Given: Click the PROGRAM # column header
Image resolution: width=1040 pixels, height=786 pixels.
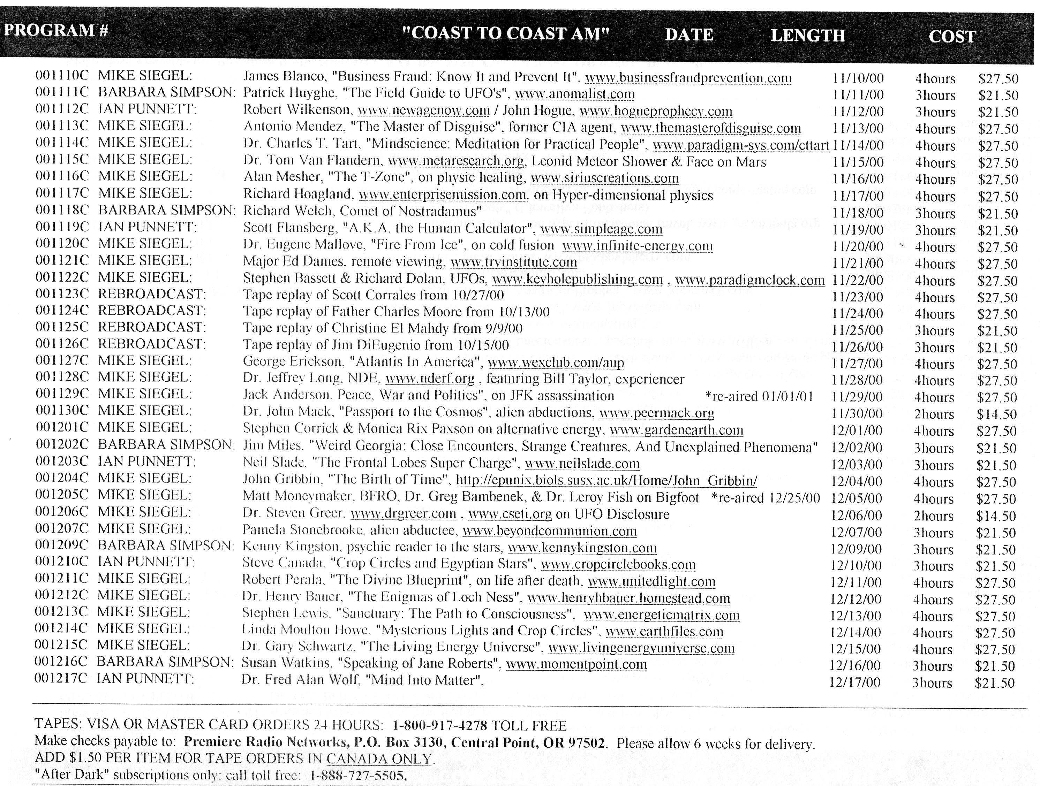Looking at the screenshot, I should (x=56, y=31).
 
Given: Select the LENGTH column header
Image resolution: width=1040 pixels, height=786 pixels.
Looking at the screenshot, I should (x=807, y=36).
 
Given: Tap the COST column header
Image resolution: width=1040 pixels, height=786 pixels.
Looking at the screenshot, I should (x=952, y=37).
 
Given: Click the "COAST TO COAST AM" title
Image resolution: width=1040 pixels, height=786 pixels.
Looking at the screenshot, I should (x=506, y=33).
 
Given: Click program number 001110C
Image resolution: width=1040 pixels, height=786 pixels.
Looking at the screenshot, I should (x=62, y=76).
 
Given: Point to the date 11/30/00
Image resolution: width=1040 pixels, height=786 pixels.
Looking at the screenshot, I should (x=857, y=413).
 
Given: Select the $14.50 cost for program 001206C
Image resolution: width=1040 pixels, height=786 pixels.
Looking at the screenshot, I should (x=996, y=516).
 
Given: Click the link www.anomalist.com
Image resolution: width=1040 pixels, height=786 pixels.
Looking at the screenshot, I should (x=574, y=94).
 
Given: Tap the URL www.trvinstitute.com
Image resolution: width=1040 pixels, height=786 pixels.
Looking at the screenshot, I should (x=513, y=262).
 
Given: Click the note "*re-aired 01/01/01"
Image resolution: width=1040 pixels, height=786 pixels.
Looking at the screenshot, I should (x=759, y=396).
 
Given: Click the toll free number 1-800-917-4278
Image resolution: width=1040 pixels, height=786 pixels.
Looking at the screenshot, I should (x=439, y=725).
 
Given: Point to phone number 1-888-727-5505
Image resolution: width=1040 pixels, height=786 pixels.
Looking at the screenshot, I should (x=358, y=775).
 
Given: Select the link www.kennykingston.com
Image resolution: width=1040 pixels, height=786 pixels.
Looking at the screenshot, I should (x=582, y=548).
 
